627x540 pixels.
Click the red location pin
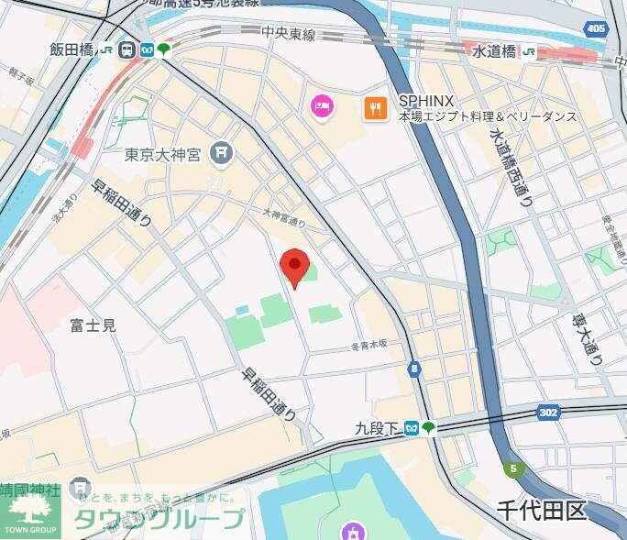(293, 266)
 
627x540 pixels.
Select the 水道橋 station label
(495, 50)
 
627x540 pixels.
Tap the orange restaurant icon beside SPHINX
(374, 108)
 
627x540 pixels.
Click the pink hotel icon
(322, 108)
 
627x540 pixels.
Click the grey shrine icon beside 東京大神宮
(221, 153)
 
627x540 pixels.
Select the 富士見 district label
(93, 325)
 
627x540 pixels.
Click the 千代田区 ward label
(542, 509)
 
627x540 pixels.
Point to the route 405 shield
(596, 29)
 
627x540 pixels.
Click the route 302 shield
(548, 413)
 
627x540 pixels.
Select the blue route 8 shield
(415, 369)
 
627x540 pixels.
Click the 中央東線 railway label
(288, 35)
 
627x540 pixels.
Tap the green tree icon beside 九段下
(428, 427)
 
